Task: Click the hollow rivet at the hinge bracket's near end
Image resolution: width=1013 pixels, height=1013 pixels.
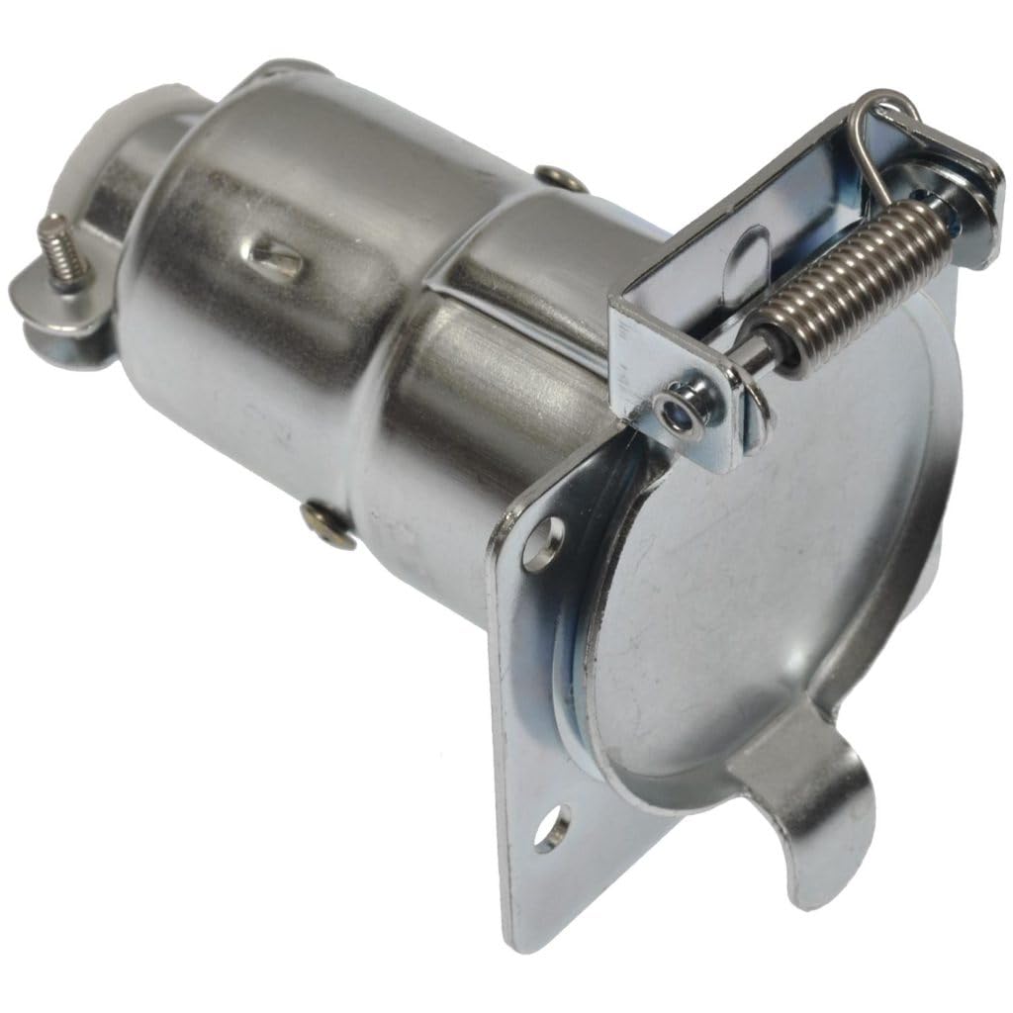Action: (679, 411)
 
